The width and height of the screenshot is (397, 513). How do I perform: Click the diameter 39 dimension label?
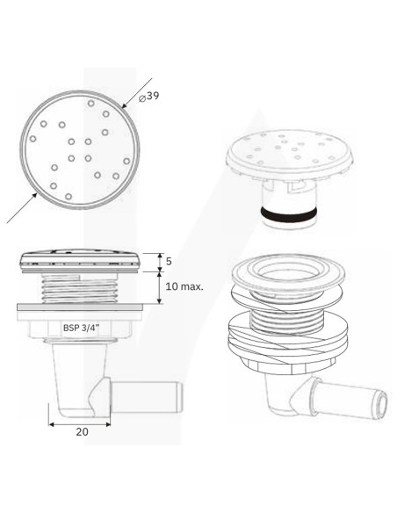click(x=148, y=97)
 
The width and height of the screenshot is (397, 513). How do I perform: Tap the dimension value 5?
click(x=169, y=262)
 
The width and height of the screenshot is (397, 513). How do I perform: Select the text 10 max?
click(x=184, y=287)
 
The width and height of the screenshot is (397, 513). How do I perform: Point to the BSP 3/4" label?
click(x=81, y=328)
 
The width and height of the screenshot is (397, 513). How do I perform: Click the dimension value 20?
click(x=82, y=432)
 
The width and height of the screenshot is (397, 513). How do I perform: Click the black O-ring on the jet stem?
click(x=289, y=214)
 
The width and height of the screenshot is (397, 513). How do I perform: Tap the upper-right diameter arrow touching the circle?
click(x=137, y=93)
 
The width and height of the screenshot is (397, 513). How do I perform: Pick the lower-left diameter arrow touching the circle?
click(x=22, y=208)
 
